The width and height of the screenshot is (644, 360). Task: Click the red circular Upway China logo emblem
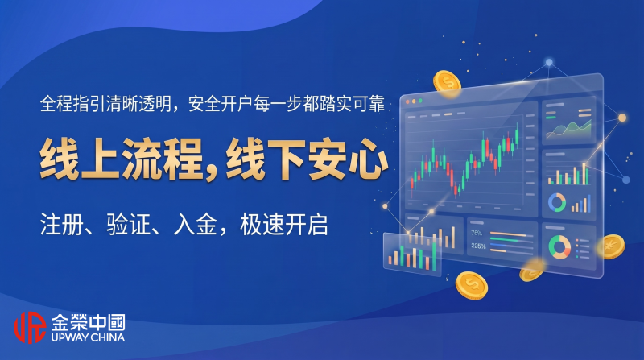pos(30,327)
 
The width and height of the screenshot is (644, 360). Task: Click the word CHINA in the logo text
pos(108,337)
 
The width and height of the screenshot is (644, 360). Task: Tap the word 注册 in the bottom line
pos(62,225)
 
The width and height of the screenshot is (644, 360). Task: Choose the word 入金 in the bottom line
pos(195,225)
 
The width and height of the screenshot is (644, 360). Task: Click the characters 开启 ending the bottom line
pos(306,225)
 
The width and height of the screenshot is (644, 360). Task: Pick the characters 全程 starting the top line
pos(56,104)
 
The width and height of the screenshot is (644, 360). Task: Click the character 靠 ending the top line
pos(377,104)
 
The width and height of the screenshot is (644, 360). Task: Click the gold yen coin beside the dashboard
pos(611,246)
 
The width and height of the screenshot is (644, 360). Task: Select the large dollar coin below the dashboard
pos(472,285)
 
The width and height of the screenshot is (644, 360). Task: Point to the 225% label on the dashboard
pos(478,246)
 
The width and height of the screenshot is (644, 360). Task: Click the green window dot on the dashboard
pos(420,101)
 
